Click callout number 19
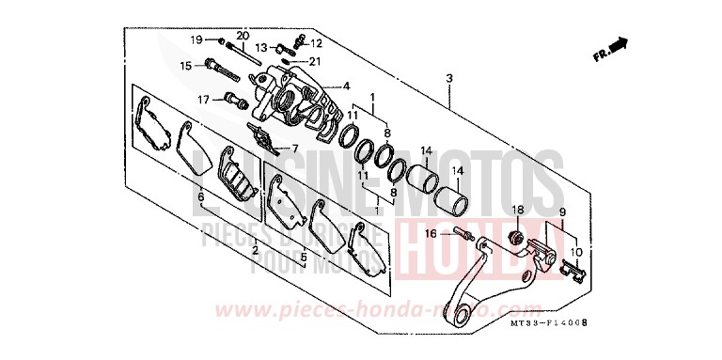[x=197, y=39]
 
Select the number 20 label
[x=243, y=37]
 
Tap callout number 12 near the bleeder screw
[x=316, y=43]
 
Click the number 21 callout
[x=314, y=62]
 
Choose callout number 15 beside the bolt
[x=185, y=65]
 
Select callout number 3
[x=450, y=77]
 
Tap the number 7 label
[x=294, y=149]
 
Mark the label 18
[x=517, y=209]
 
